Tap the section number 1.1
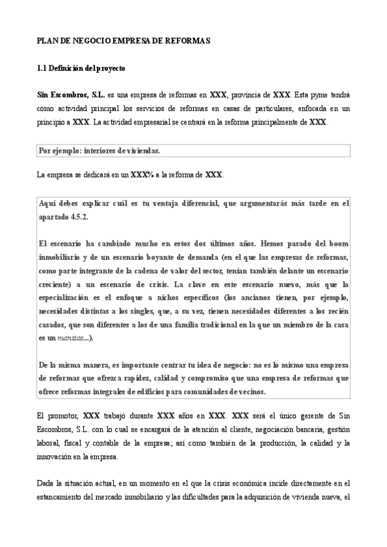click(42, 68)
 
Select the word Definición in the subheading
click(67, 68)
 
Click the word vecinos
click(248, 392)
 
